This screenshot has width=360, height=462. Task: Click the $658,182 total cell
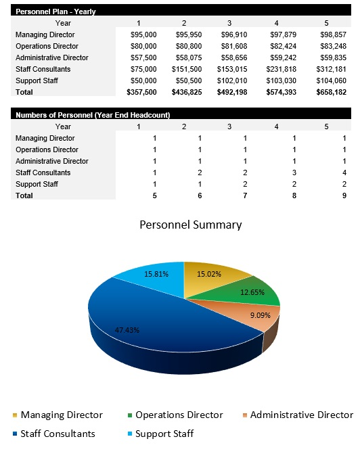[x=331, y=91]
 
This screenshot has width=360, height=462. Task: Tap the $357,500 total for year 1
[x=141, y=91]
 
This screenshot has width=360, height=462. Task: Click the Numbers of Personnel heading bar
[x=92, y=115]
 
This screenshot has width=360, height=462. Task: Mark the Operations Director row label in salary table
[x=47, y=46]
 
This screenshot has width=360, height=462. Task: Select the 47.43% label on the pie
[x=128, y=330]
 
